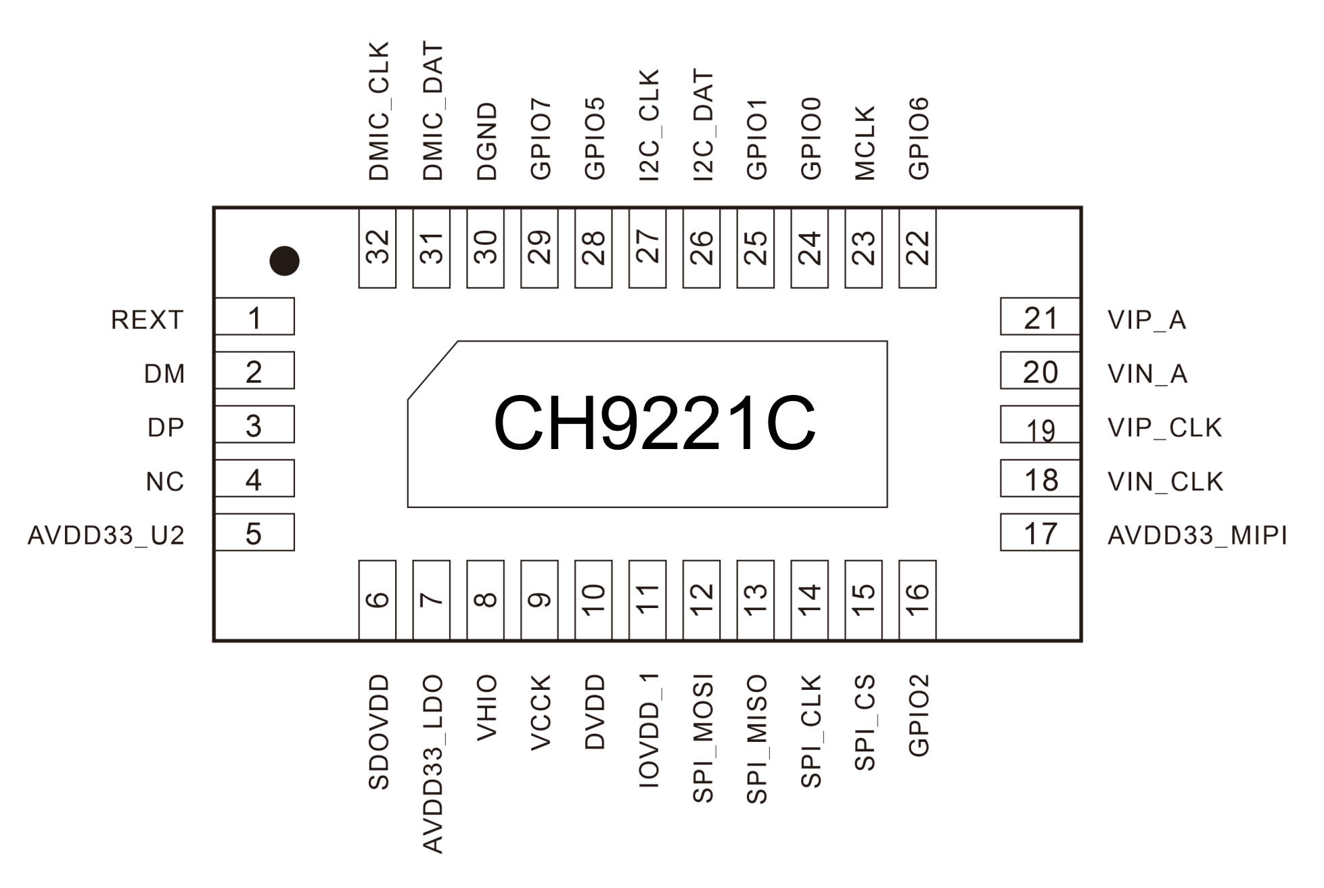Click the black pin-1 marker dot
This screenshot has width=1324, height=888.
pos(284,261)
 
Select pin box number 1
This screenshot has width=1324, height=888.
pos(254,317)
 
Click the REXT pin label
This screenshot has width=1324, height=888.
pos(147,320)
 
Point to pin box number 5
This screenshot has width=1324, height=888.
pos(254,532)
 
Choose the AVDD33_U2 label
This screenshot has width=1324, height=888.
pos(106,536)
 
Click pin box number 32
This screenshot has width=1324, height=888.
pos(377,248)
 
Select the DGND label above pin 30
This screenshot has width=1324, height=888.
pos(486,141)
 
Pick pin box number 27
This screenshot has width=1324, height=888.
pos(647,248)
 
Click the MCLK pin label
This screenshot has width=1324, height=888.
pos(865,143)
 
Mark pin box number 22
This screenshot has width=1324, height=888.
pos(917,248)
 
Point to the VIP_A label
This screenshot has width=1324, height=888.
pos(1147,320)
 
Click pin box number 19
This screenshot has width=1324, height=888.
pos(1040,424)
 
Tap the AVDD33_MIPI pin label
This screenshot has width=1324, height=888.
pos(1197,536)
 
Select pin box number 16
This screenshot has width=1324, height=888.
pos(917,600)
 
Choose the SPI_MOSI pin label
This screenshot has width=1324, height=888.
pos(703,739)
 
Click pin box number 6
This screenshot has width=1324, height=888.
pos(377,600)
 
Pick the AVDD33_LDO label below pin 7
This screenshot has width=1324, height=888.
pos(432,764)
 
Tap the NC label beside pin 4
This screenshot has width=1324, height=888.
pos(165,482)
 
